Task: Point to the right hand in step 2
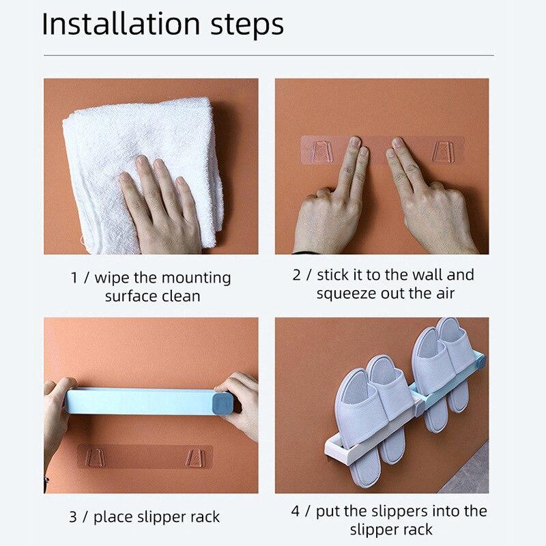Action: coord(430,205)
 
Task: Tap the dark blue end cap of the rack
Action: coord(225,403)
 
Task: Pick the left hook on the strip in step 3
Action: coord(98,455)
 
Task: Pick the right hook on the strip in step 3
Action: coord(195,455)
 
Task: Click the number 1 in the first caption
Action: coord(74,278)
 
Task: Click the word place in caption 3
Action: coord(114,517)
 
